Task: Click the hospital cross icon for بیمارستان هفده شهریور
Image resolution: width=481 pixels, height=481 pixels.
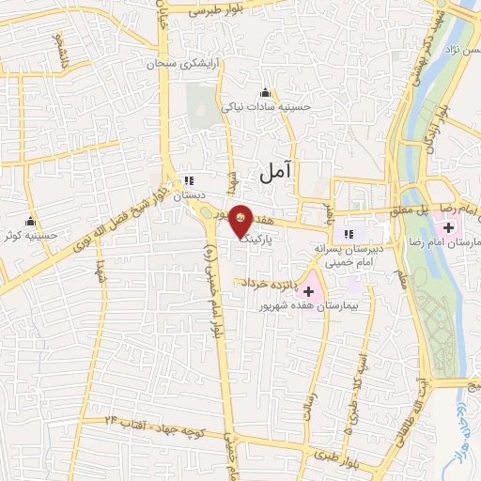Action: tap(308, 292)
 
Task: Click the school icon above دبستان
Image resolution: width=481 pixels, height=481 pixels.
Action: tap(188, 180)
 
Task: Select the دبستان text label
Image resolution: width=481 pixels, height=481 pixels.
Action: tap(188, 195)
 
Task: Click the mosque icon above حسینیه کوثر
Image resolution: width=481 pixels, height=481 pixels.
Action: tap(32, 222)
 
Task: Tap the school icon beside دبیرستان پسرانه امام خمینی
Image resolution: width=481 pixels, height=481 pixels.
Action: tap(349, 233)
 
